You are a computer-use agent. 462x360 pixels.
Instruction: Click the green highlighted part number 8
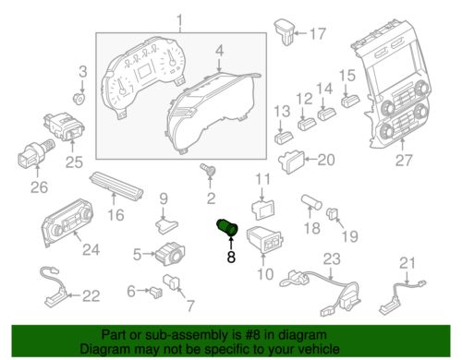click(x=227, y=228)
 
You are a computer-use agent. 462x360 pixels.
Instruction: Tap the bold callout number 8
click(x=231, y=257)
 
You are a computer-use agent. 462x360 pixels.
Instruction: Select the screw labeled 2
click(x=209, y=170)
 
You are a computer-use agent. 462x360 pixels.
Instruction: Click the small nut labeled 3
click(x=79, y=99)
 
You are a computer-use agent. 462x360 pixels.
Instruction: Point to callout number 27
click(x=404, y=160)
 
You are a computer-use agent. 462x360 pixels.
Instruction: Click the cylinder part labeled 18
click(x=311, y=202)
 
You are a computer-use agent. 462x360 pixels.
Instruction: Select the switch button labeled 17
click(x=285, y=32)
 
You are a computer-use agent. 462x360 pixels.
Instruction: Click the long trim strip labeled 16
click(x=116, y=185)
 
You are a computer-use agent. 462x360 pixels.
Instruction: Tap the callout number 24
click(x=91, y=250)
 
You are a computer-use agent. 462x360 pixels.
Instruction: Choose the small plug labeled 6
click(x=156, y=293)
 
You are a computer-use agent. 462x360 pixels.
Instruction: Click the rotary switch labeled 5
click(x=170, y=253)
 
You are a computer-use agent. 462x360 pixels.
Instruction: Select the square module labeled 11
click(x=263, y=210)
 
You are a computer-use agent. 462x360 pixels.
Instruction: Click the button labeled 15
click(x=350, y=101)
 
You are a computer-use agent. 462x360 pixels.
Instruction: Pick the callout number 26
click(x=39, y=187)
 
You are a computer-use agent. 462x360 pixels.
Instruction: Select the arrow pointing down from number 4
click(x=219, y=65)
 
